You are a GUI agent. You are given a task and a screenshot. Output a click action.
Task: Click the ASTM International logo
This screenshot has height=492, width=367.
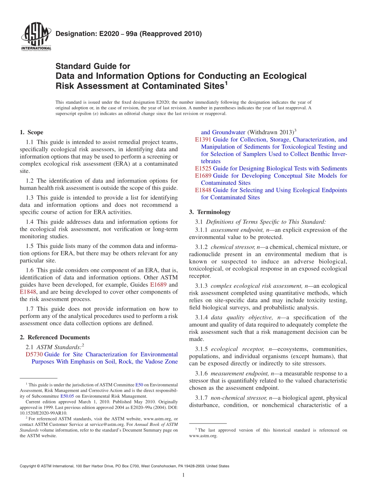tap(36, 37)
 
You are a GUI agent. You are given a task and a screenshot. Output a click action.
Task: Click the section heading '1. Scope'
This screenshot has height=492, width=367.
tap(31, 132)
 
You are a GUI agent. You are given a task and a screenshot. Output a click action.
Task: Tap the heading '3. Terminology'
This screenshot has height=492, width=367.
tap(210, 212)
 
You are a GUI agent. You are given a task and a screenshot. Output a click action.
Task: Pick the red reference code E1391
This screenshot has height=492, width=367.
tap(203, 140)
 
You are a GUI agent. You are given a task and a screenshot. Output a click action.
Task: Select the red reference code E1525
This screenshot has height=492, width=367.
tap(203, 168)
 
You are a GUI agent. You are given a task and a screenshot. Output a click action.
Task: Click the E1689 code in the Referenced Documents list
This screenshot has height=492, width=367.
tap(203, 176)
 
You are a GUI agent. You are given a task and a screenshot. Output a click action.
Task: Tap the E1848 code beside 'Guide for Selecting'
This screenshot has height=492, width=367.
tap(203, 190)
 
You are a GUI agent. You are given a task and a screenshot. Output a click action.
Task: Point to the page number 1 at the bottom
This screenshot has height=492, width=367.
tap(183, 475)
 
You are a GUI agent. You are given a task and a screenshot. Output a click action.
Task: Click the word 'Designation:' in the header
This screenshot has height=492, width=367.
tap(72, 34)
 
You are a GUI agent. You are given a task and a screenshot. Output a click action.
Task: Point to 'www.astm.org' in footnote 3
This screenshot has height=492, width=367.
tap(203, 436)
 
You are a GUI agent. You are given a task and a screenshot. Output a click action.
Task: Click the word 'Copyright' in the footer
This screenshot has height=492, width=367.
tap(28, 466)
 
